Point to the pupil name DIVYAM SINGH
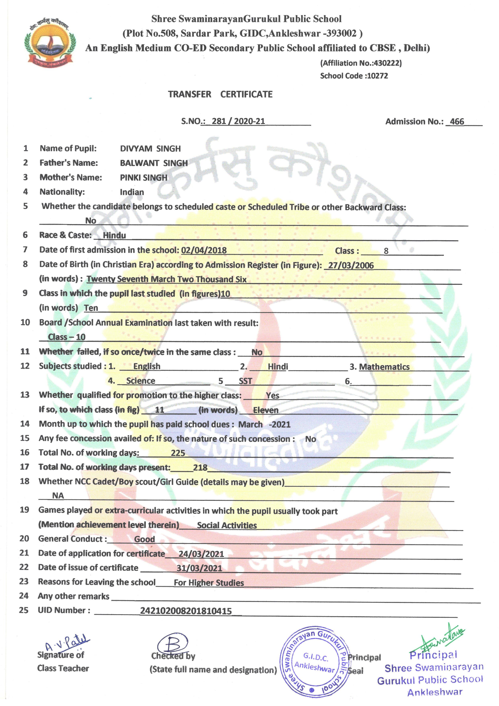tap(150, 149)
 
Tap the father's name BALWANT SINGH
tap(154, 163)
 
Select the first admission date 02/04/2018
tap(204, 250)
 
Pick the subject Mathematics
tap(384, 367)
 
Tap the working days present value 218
tap(200, 467)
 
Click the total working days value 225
tap(178, 453)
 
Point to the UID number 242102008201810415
tap(186, 611)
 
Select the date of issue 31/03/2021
tap(199, 568)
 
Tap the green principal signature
tap(442, 639)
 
